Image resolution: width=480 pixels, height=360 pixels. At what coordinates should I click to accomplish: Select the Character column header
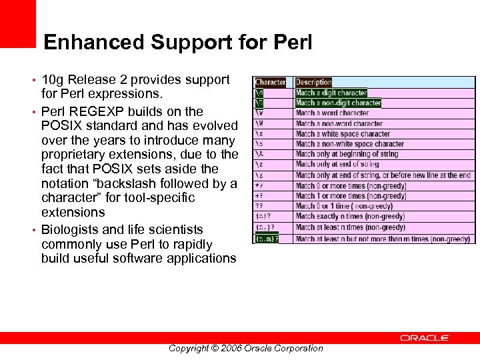click(271, 83)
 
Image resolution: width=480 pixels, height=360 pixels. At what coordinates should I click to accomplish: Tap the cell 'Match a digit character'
click(331, 93)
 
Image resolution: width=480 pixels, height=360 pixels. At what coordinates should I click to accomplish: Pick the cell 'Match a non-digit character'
click(338, 103)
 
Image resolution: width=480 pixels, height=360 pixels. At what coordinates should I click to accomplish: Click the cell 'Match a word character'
click(332, 113)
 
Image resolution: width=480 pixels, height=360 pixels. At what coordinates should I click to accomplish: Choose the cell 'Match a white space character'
click(343, 134)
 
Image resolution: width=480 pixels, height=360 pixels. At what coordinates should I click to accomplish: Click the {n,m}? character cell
click(266, 239)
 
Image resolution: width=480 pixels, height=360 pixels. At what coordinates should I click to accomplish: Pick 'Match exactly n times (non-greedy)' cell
click(350, 217)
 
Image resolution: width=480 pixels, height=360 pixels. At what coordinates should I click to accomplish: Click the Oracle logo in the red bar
click(425, 338)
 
